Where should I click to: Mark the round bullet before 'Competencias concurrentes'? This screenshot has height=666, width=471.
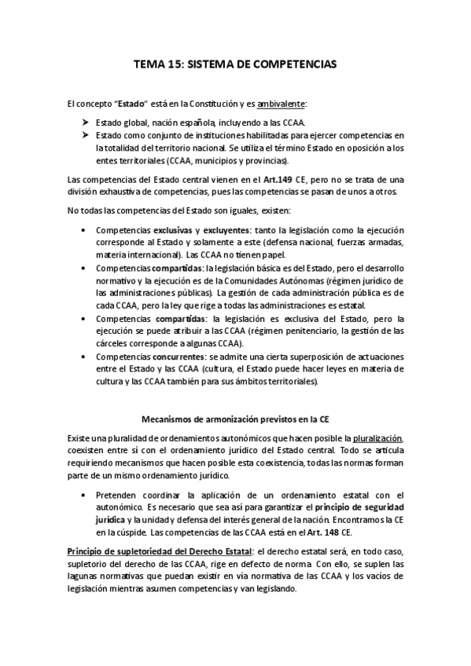[x=84, y=357]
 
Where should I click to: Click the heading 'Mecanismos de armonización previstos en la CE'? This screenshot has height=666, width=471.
[x=236, y=418]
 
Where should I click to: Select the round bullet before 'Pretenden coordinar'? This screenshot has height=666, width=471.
[x=84, y=496]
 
